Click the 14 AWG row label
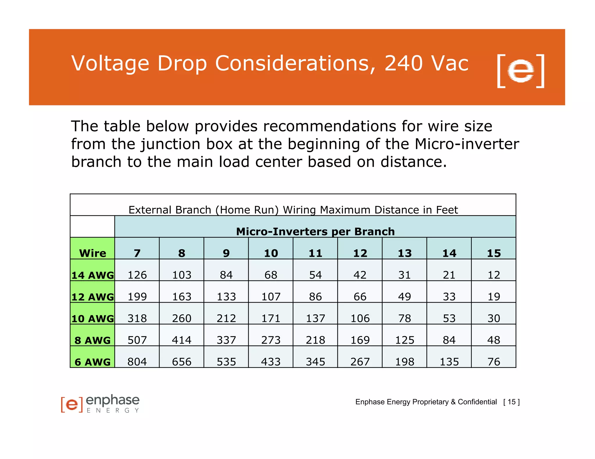pos(93,275)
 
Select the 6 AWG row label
pos(93,362)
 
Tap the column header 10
pos(271,253)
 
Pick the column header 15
pos(494,253)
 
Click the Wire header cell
pos(93,253)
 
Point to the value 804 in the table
pos(137,362)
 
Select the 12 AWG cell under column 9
pos(226,297)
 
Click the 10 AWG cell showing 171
pos(271,318)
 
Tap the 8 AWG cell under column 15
pos(494,340)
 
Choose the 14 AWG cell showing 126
pos(137,275)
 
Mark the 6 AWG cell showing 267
pos(360,362)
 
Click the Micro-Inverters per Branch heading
pos(315,232)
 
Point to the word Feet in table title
pos(447,210)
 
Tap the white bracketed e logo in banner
pos(521,71)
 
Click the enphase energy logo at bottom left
pos(100,404)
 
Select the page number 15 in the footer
pos(512,402)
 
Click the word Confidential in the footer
pos(477,402)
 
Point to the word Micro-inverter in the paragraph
pos(467,144)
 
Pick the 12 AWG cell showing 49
pos(404,297)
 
